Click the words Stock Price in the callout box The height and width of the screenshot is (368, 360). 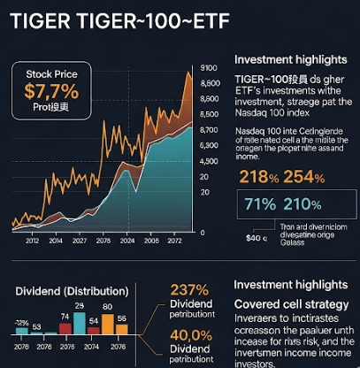click(x=50, y=73)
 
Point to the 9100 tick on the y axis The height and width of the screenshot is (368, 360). click(x=209, y=68)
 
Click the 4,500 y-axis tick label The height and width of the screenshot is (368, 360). click(x=209, y=160)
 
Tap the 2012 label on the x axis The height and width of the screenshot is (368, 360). click(x=32, y=240)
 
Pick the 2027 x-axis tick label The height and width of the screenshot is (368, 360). click(x=80, y=240)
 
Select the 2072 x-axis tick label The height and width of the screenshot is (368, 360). click(x=177, y=240)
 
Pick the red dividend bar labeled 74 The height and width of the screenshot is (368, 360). click(x=65, y=333)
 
